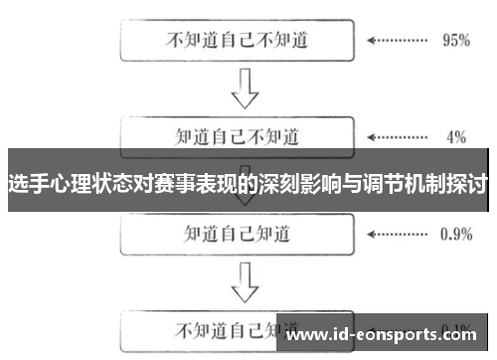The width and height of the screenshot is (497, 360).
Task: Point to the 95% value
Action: point(455,42)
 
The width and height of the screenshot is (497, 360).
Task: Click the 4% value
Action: point(455,135)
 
